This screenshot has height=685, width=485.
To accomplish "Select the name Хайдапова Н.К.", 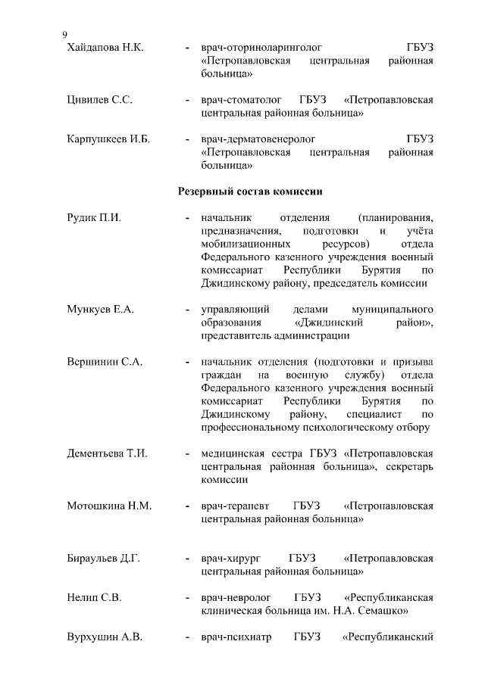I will point(105,48).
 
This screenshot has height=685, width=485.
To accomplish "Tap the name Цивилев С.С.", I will point(100,100).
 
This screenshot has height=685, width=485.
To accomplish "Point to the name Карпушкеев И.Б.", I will point(108,139).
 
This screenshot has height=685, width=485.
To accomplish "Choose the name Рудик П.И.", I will point(94,218).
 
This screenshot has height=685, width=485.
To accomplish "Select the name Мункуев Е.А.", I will point(100,310).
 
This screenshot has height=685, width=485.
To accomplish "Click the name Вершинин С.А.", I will point(105,362).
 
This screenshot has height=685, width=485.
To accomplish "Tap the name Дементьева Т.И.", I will point(107,453).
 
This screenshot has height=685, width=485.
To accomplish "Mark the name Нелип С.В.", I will point(94,597).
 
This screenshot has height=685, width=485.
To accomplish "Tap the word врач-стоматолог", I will point(241,100).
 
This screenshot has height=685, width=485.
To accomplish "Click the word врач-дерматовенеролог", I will point(258,139).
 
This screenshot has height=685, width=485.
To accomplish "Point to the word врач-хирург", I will point(230,559).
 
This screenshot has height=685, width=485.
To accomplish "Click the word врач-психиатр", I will point(235,637).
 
